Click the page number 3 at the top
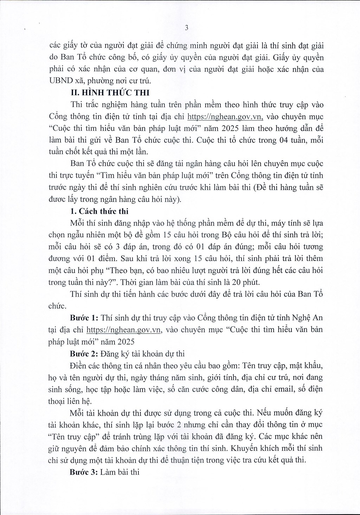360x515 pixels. (187, 28)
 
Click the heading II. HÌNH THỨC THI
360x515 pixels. (110, 93)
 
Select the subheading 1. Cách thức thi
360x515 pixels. (99, 211)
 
